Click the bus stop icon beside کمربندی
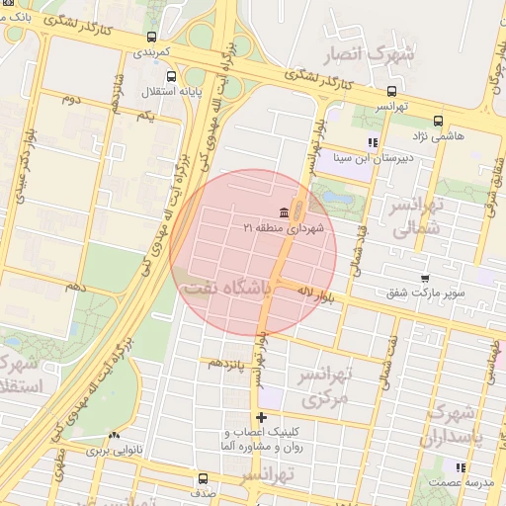(151, 37)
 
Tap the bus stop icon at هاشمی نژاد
(465, 121)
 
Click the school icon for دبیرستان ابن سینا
(373, 142)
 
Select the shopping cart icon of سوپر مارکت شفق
(424, 279)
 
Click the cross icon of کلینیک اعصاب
(261, 418)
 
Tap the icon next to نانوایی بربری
(115, 435)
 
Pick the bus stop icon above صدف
(203, 478)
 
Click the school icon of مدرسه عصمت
(460, 467)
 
